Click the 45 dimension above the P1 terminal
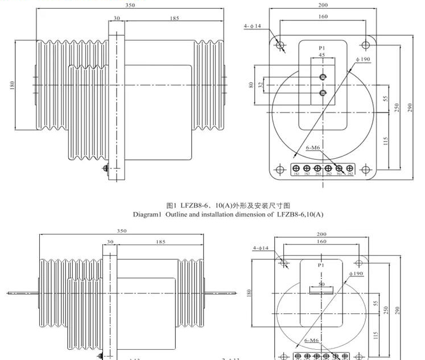tap(322, 55)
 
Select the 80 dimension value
tap(250, 85)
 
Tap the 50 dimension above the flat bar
tap(321, 283)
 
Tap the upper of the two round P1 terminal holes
tap(323, 77)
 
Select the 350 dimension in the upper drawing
tap(130, 5)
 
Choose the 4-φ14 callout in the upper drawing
tap(252, 26)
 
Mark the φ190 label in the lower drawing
tap(356, 274)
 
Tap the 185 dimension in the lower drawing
tap(161, 242)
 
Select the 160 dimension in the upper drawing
tap(323, 16)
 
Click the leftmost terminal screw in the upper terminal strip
tap(296, 168)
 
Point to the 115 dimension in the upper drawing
tap(385, 141)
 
